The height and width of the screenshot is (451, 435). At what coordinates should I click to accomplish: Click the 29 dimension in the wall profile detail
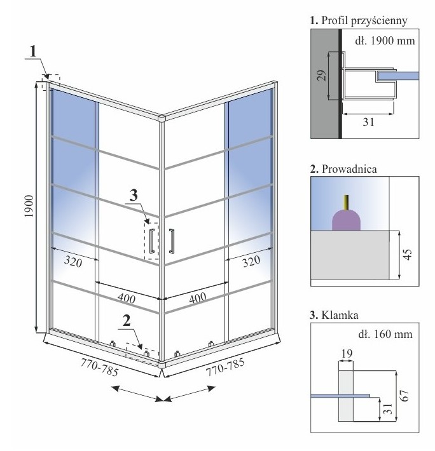pyautogui.click(x=321, y=76)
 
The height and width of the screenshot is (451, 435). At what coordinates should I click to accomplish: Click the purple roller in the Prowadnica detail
pyautogui.click(x=347, y=220)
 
